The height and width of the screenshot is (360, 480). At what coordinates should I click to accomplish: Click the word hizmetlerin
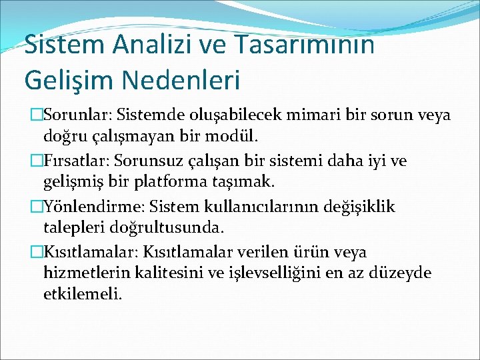[81, 273]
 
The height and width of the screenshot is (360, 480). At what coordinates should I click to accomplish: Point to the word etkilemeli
[82, 294]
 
